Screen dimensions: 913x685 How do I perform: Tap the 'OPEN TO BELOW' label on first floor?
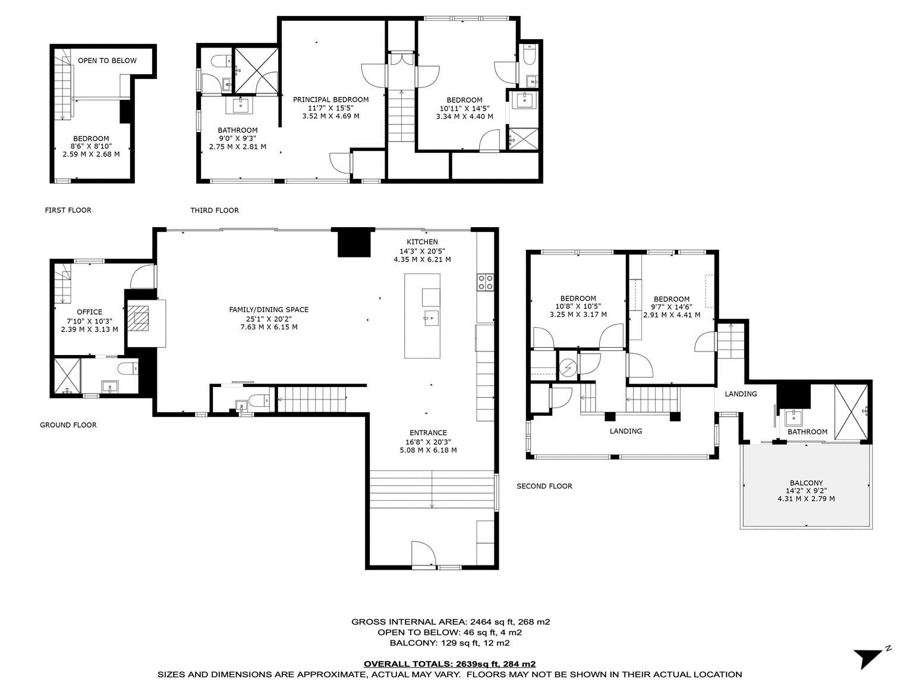click(x=108, y=61)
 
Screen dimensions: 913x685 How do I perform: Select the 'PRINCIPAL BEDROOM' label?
click(x=330, y=99)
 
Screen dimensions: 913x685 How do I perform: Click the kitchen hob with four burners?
click(x=485, y=282)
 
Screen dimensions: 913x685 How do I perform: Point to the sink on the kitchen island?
click(x=432, y=319)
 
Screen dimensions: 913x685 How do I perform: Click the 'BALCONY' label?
click(x=806, y=483)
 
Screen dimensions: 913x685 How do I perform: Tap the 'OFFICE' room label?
click(x=89, y=312)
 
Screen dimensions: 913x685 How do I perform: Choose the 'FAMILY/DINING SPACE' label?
click(x=269, y=309)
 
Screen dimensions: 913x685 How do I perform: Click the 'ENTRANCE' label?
click(x=428, y=432)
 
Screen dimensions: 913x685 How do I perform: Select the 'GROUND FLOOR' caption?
click(x=68, y=425)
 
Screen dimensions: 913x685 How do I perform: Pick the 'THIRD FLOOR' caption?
click(x=215, y=210)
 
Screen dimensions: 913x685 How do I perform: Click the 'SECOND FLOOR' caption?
click(x=544, y=486)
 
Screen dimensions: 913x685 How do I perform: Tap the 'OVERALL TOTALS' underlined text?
click(x=449, y=664)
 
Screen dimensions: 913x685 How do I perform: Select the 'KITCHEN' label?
click(x=422, y=241)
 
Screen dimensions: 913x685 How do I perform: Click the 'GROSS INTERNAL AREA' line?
click(x=451, y=622)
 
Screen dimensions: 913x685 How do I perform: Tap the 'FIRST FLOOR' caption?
click(x=68, y=210)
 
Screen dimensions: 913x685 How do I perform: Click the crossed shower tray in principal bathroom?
click(x=256, y=71)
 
